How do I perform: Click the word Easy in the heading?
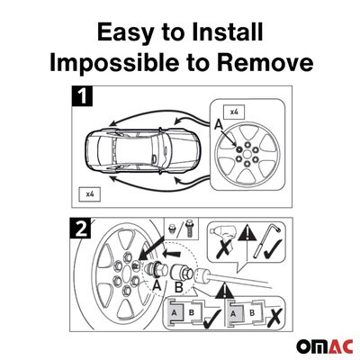[125, 33]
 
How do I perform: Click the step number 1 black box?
[82, 96]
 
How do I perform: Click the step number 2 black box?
[80, 228]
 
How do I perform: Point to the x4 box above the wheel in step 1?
[234, 112]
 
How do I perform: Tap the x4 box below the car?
[89, 194]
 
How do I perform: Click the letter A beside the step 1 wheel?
[219, 125]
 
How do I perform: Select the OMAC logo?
[324, 346]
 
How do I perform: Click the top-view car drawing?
[142, 151]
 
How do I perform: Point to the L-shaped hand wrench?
[267, 241]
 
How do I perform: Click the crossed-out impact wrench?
[223, 240]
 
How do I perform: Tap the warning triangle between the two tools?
[247, 233]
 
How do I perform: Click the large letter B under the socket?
[179, 288]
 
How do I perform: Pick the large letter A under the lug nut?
[157, 285]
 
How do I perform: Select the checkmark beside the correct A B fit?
[211, 319]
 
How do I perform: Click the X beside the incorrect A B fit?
[274, 318]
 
